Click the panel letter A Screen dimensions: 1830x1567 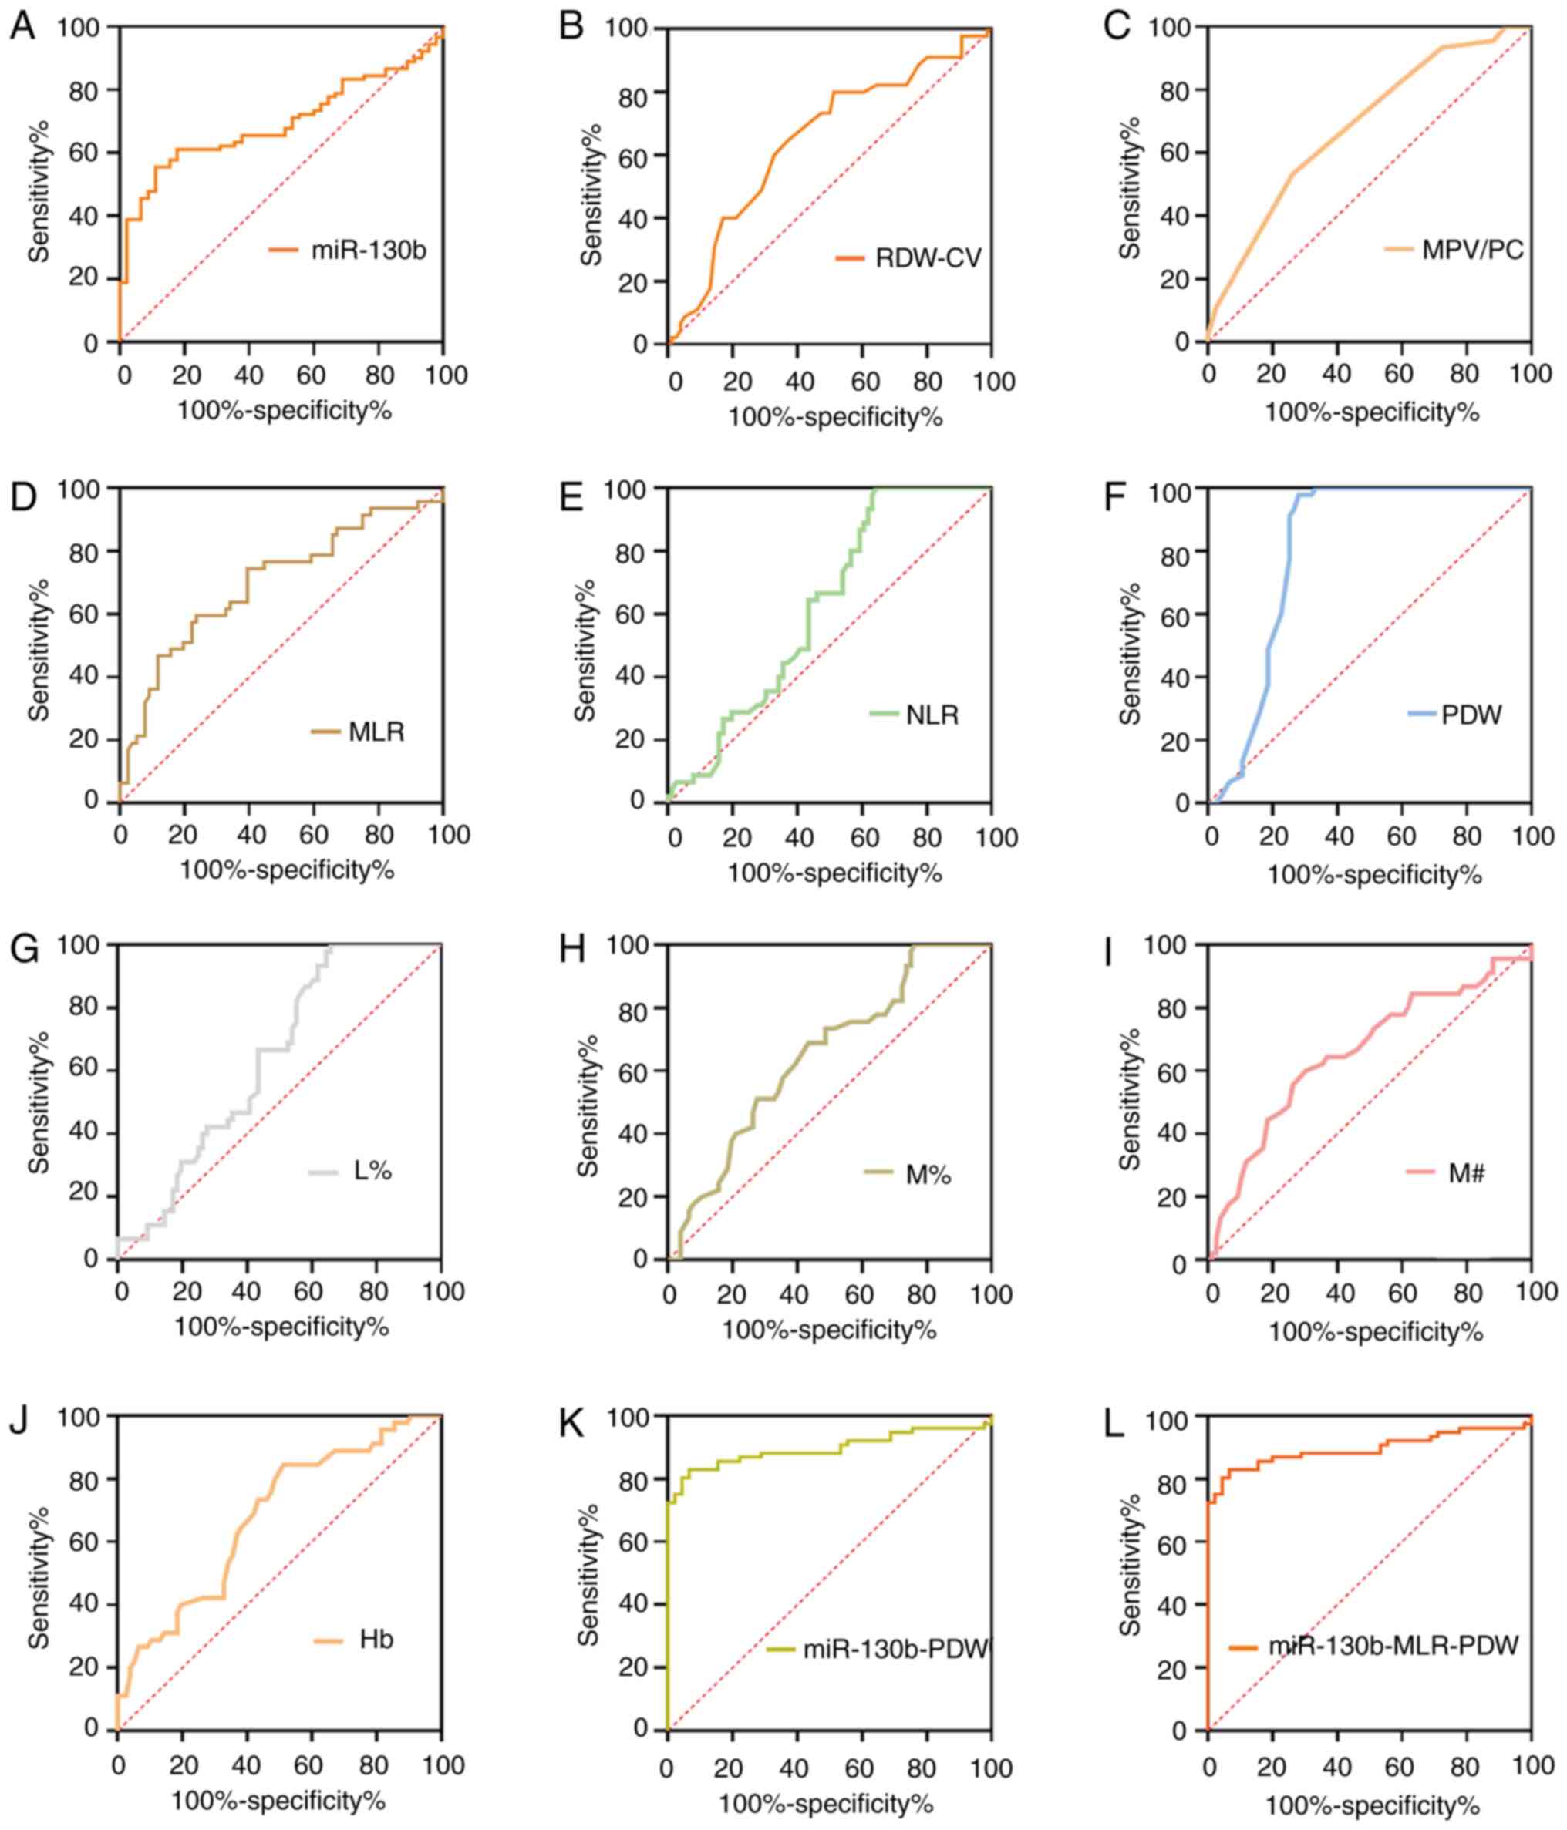click(x=22, y=25)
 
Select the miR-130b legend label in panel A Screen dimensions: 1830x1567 click(x=369, y=251)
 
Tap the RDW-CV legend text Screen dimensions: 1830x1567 click(x=928, y=259)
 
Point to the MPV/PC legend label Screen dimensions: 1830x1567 click(x=1472, y=250)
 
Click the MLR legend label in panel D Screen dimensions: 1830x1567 click(x=376, y=732)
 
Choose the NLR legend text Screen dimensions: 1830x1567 click(x=932, y=715)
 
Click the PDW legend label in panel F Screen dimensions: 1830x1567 click(x=1471, y=715)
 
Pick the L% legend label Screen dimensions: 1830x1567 click(x=372, y=1171)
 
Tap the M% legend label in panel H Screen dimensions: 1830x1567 click(x=928, y=1175)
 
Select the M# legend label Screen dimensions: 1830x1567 click(x=1466, y=1174)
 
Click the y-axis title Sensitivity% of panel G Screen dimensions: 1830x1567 click(x=39, y=1102)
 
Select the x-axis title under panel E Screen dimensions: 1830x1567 click(x=834, y=873)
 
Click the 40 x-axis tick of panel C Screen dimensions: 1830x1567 click(x=1336, y=374)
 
